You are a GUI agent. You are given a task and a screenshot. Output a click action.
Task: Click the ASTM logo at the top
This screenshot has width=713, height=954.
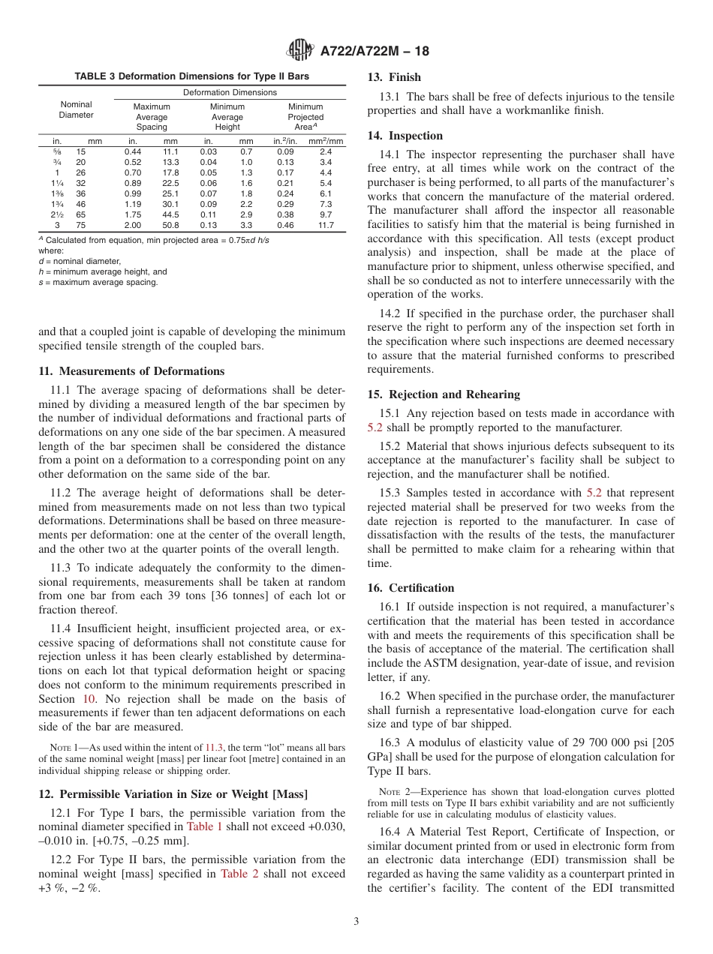point(301,51)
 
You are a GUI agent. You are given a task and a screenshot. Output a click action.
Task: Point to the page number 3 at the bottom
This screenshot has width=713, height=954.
point(356,921)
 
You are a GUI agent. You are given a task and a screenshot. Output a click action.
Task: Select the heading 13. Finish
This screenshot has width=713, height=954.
point(394,77)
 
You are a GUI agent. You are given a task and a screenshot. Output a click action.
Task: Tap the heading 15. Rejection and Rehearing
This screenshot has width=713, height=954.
point(444,394)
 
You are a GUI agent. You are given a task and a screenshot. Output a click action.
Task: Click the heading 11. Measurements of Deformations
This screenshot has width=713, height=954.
point(131,371)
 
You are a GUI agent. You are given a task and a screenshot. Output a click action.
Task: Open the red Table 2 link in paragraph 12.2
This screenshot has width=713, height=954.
point(239,874)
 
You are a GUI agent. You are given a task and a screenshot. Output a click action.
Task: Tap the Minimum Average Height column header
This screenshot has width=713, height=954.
point(227,117)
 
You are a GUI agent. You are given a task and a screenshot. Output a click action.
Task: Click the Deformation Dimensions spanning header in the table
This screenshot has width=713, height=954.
point(230,92)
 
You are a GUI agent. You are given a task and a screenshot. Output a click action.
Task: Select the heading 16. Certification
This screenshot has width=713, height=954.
point(411,588)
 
